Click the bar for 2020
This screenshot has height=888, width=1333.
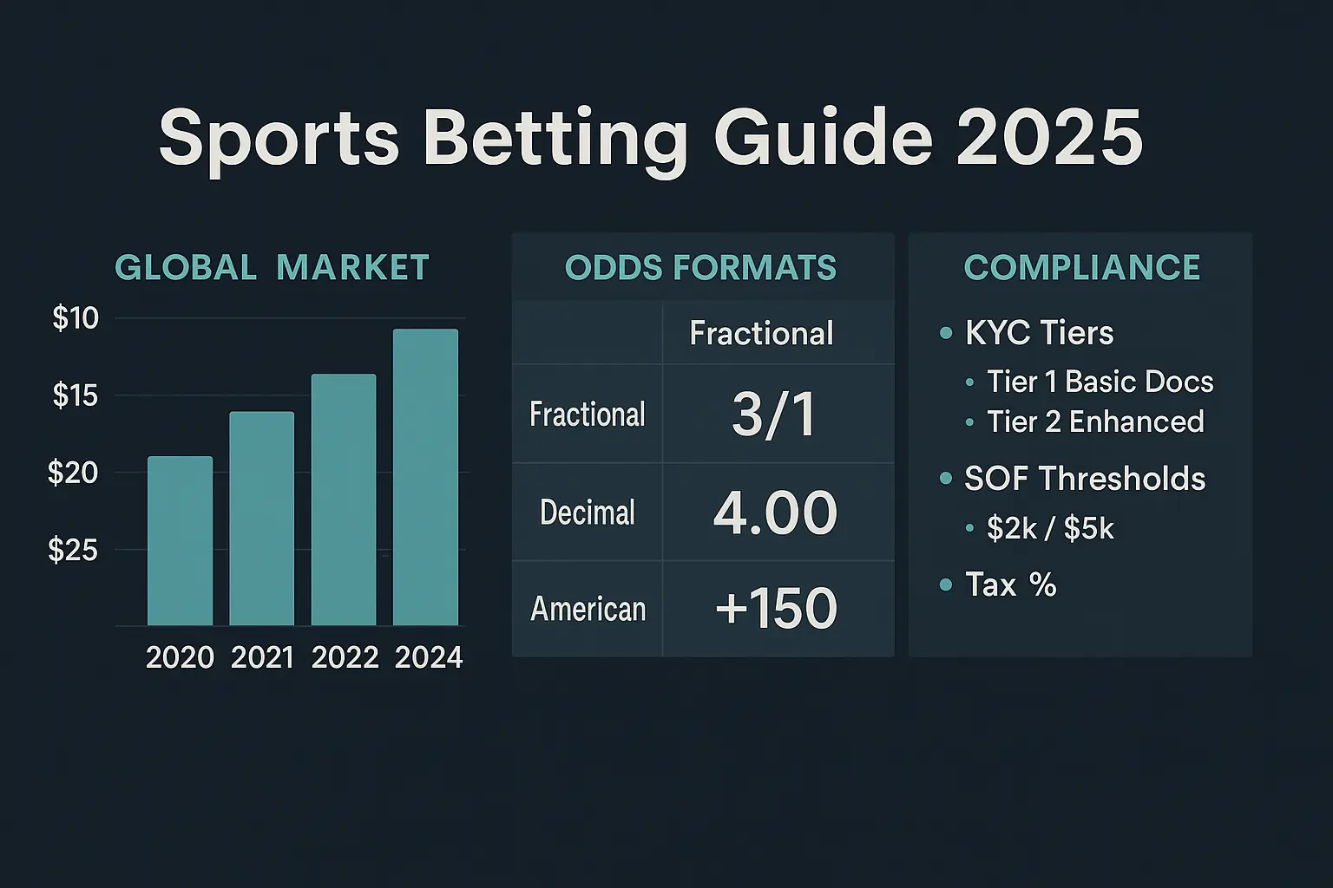pyautogui.click(x=181, y=540)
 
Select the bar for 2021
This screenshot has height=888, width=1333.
pyautogui.click(x=262, y=519)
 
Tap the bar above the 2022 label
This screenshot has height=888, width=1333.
pyautogui.click(x=344, y=499)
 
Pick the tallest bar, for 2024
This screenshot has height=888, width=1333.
pyautogui.click(x=425, y=477)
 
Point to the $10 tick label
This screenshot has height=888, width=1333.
pyautogui.click(x=76, y=317)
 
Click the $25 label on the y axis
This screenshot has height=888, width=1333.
pyautogui.click(x=73, y=550)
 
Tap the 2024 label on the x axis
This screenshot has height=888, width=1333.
pyautogui.click(x=429, y=658)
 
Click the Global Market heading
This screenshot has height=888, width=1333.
pyautogui.click(x=272, y=267)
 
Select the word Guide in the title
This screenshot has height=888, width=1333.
pyautogui.click(x=823, y=138)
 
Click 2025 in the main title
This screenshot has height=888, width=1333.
pyautogui.click(x=1049, y=138)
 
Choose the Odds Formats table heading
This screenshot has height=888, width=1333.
pyautogui.click(x=700, y=268)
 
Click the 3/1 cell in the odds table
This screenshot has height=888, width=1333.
pyautogui.click(x=774, y=415)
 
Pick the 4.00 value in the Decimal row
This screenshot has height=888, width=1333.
pyautogui.click(x=775, y=513)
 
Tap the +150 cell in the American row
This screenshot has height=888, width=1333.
pyautogui.click(x=777, y=608)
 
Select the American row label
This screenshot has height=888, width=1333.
pyautogui.click(x=588, y=609)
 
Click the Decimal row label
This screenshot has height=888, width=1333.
pyautogui.click(x=588, y=513)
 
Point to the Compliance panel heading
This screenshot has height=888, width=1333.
pyautogui.click(x=1082, y=267)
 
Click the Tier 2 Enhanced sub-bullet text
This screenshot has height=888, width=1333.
pyautogui.click(x=1095, y=421)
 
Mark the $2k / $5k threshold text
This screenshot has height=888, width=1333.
pyautogui.click(x=1050, y=528)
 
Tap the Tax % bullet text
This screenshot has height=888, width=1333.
pyautogui.click(x=1010, y=584)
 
